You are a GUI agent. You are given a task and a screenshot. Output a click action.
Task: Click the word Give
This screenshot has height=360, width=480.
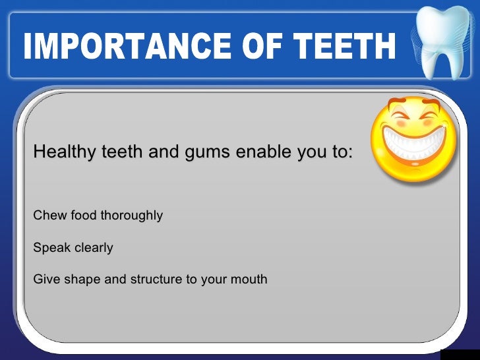[45, 280]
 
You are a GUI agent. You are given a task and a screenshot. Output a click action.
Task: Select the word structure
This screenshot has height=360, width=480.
[156, 280]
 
